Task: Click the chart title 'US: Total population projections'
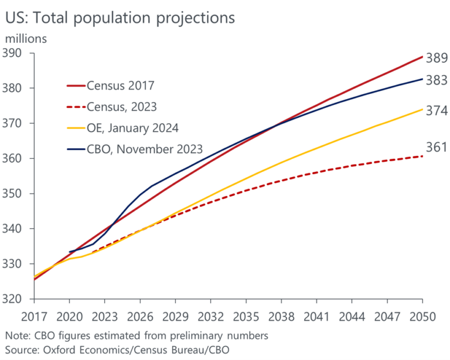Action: (x=120, y=17)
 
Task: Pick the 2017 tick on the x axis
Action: (x=35, y=317)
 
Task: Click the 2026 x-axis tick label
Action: (x=140, y=317)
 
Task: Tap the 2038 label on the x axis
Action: (x=281, y=317)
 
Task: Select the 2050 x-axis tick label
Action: (x=421, y=317)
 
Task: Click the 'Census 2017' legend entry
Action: (x=120, y=86)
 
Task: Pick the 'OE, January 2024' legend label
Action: (x=134, y=128)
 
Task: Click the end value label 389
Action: (x=436, y=59)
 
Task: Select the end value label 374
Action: (x=436, y=111)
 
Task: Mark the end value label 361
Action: (x=436, y=148)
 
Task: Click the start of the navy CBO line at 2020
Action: (x=70, y=252)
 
